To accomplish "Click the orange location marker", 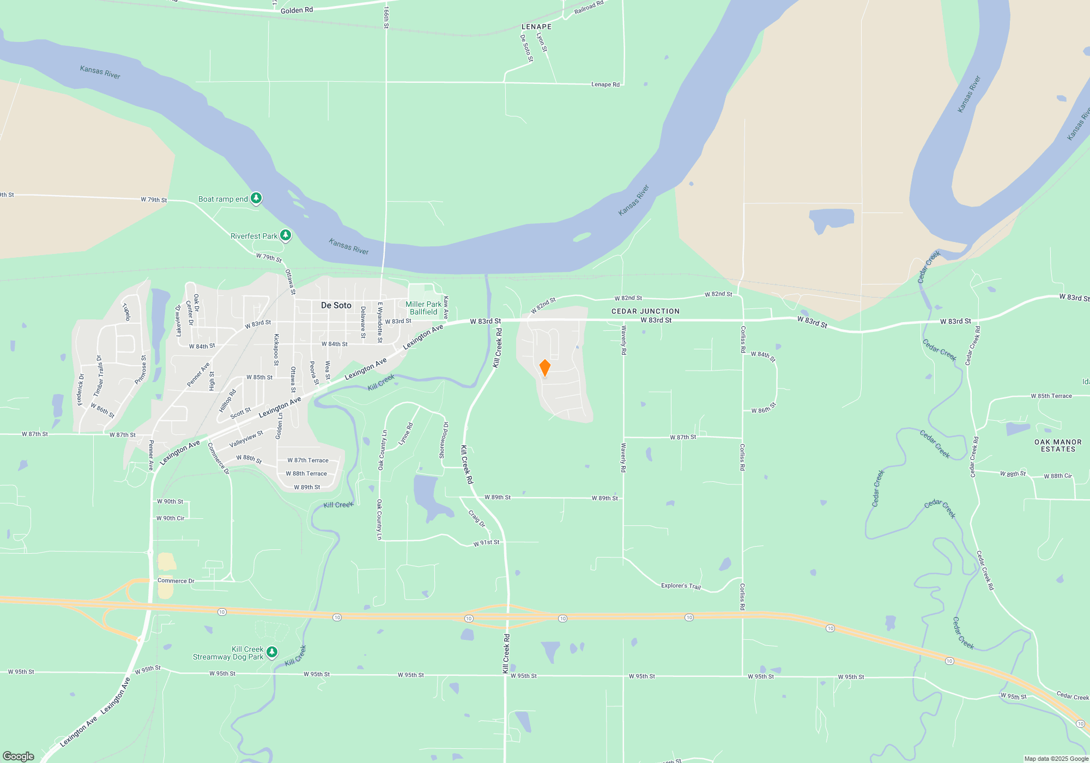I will click(544, 368).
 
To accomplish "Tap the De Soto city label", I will click(336, 305).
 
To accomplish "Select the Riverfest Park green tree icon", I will click(286, 235).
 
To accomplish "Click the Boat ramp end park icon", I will click(256, 198).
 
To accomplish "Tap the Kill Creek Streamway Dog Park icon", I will click(272, 652).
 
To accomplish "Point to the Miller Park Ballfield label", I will click(423, 308).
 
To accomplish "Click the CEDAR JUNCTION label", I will click(645, 311).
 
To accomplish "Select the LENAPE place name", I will click(536, 27).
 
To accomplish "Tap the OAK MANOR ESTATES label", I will click(1058, 445).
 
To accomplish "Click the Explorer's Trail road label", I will click(681, 586).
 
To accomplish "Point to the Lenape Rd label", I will click(605, 84).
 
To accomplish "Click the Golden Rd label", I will click(296, 10).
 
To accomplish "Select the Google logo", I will click(19, 756).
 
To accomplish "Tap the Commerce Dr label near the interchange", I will click(175, 581).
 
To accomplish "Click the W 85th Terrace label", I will click(1051, 396).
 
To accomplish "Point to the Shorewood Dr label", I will click(445, 439).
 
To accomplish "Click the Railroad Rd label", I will click(589, 8).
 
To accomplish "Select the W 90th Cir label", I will click(170, 518).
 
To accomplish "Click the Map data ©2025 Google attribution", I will click(1056, 759).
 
